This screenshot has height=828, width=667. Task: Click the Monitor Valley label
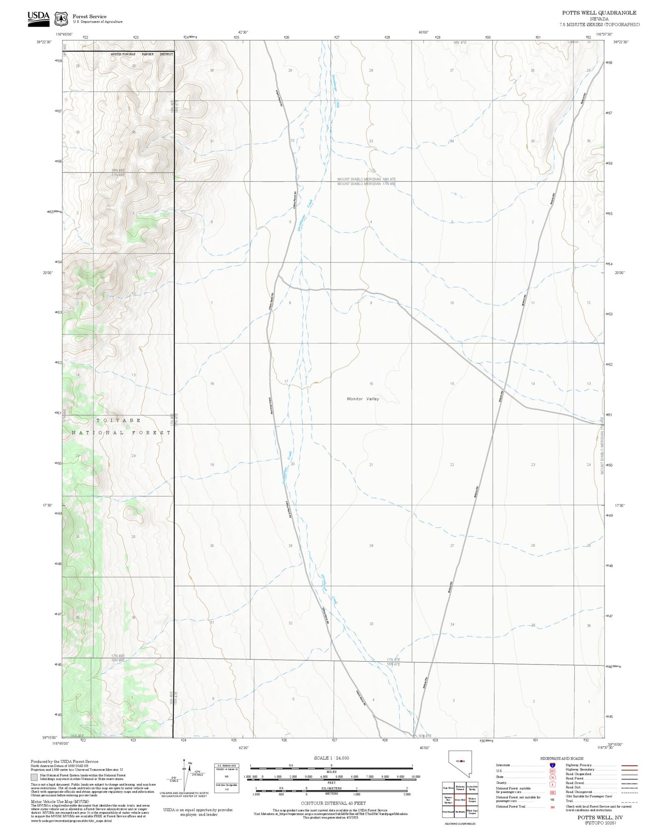tap(363, 399)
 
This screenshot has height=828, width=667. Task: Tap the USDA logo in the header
tap(38, 17)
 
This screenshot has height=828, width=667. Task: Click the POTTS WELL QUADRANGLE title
tap(599, 13)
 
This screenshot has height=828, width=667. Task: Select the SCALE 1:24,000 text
tap(331, 758)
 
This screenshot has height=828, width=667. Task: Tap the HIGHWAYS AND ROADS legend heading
tap(561, 758)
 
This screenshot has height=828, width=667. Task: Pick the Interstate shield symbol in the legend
tap(553, 765)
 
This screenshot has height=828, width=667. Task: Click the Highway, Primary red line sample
tap(629, 765)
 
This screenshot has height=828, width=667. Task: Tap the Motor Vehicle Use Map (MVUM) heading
tap(60, 802)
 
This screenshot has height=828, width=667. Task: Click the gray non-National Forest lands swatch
tap(34, 777)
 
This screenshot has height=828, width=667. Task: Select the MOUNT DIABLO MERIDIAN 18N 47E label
tap(366, 179)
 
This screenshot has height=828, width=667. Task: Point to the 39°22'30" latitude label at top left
tap(44, 42)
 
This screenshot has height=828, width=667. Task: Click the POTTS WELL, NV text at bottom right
tap(600, 817)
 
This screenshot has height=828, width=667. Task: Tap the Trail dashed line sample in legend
tap(629, 802)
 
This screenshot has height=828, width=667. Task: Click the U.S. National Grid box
tap(227, 778)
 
